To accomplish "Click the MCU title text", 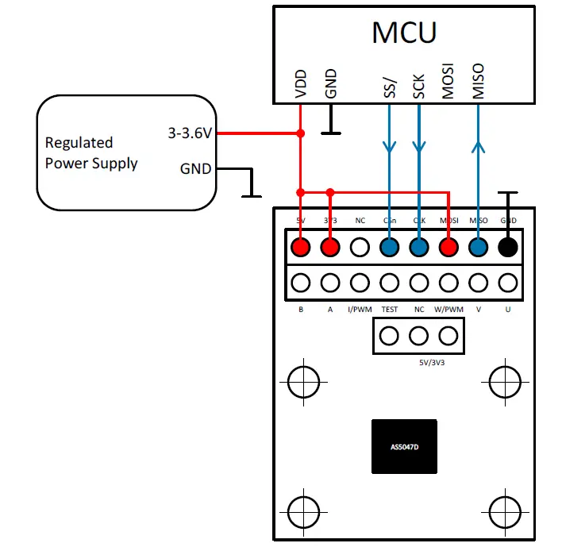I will [404, 33].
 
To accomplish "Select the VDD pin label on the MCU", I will [301, 83].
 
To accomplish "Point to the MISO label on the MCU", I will [478, 82].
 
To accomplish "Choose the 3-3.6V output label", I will [190, 133].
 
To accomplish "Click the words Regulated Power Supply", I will [90, 153].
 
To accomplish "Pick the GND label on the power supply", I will [195, 168].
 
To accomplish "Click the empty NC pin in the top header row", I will [360, 247].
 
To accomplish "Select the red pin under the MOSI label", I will [448, 247].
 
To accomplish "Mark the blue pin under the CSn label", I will [389, 247].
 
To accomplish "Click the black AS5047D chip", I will [404, 447].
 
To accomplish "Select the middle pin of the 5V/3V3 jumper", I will [418, 336].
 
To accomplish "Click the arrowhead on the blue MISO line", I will [478, 146].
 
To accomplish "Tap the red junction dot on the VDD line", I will [301, 133].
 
